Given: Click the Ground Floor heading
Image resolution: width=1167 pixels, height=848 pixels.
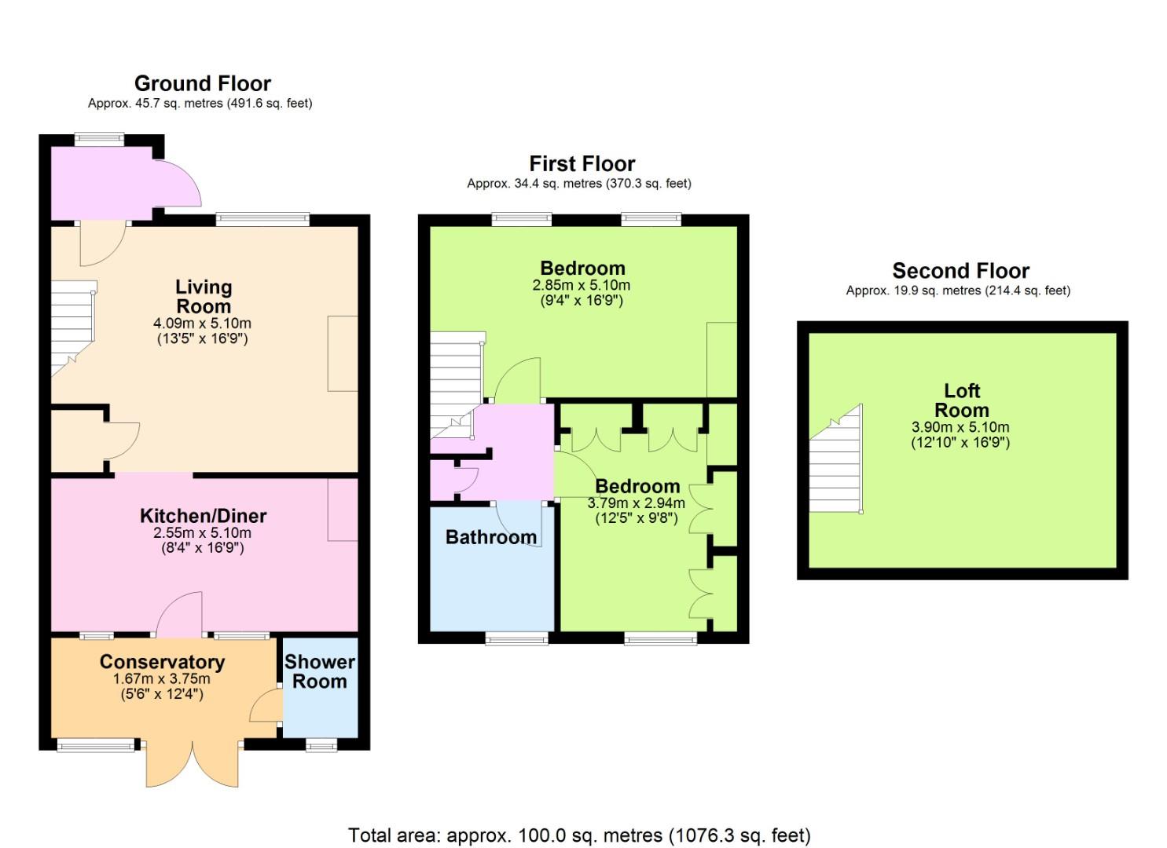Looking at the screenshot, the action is click(x=203, y=83).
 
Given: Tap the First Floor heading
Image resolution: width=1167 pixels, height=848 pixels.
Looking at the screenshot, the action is click(x=582, y=164).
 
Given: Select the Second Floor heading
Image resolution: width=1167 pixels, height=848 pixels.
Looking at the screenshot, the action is click(x=960, y=271).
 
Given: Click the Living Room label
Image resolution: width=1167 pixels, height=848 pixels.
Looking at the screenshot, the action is click(x=204, y=296).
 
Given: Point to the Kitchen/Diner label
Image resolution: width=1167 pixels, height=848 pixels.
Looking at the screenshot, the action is click(x=204, y=516).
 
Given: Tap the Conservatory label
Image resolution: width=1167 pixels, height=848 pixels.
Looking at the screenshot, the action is click(x=162, y=662).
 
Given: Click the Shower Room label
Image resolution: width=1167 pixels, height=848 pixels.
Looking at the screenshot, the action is click(x=319, y=671).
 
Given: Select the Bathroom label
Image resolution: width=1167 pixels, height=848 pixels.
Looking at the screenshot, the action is click(x=490, y=537).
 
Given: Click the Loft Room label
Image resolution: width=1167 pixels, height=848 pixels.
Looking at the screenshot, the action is click(x=961, y=400).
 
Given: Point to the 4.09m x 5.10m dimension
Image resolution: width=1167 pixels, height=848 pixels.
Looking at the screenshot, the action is click(x=202, y=323).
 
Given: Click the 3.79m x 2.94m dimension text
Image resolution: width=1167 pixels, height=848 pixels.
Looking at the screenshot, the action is click(x=636, y=503).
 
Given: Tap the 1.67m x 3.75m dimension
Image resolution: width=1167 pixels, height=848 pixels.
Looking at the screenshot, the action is click(x=162, y=679).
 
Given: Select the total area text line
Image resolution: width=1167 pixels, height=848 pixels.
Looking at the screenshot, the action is click(x=579, y=835).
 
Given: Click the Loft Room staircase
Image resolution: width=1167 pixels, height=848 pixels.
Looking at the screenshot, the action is click(x=836, y=459).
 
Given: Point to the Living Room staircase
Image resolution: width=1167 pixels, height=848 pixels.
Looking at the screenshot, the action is click(x=73, y=328).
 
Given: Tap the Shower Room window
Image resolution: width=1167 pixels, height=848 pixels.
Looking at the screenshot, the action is click(x=321, y=745).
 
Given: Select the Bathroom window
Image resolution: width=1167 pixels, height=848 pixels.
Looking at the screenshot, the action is click(x=516, y=638).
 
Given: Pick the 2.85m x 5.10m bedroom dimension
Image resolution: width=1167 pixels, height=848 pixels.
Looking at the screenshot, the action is click(x=581, y=285).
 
